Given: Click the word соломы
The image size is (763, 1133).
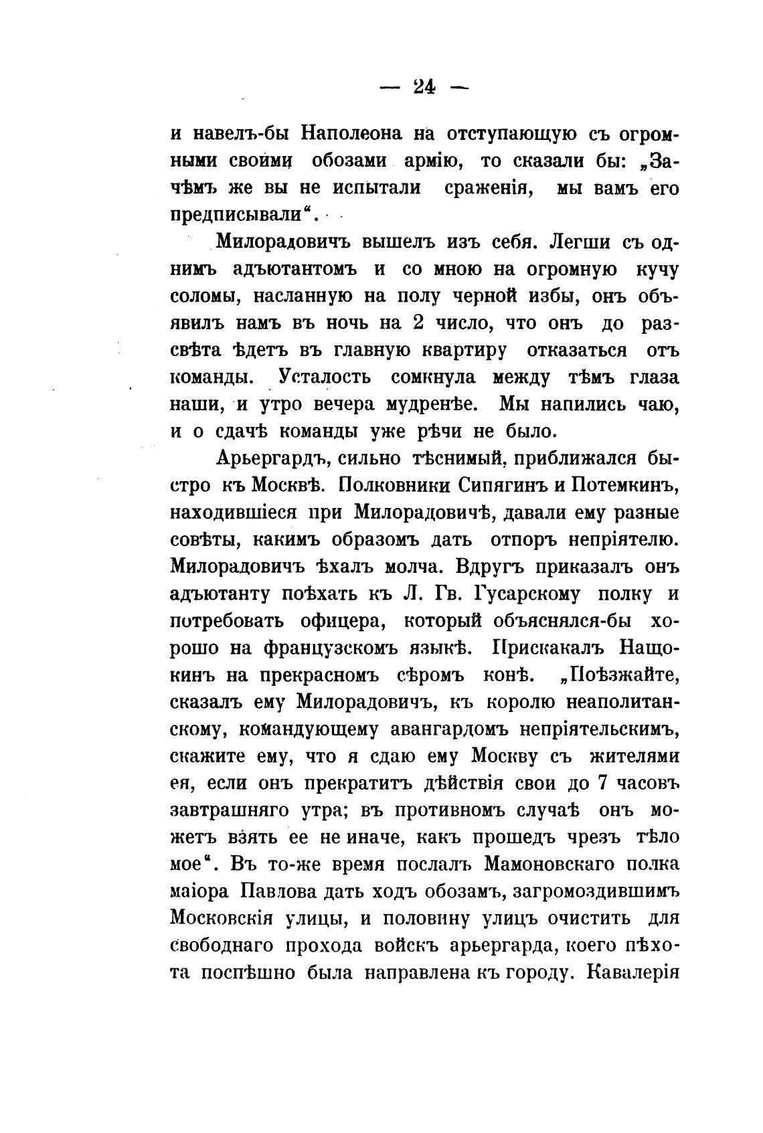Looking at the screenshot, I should click(201, 296).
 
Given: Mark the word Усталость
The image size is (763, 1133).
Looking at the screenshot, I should click(324, 377).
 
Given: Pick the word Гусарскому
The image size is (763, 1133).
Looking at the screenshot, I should click(527, 594).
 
